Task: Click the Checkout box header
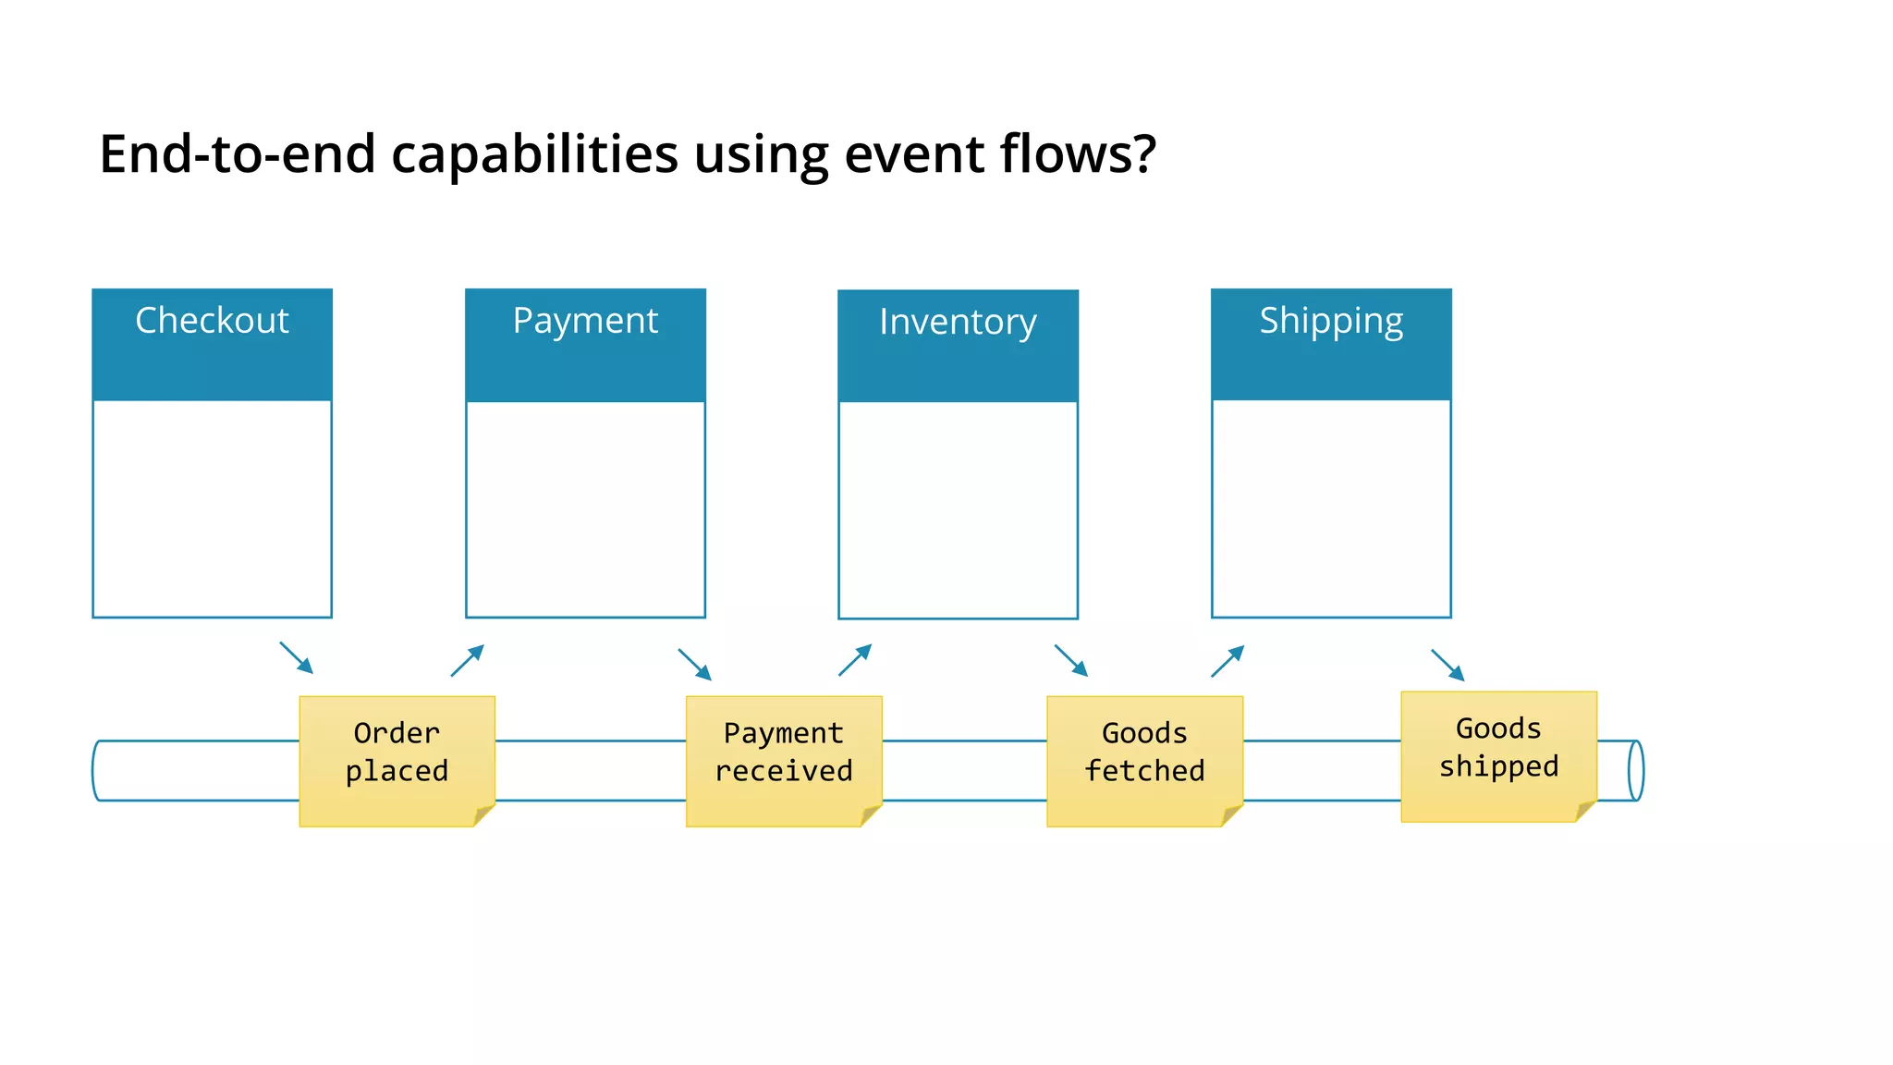click(212, 344)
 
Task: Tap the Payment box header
click(585, 344)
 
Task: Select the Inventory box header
click(958, 345)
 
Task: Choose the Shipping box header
click(1331, 344)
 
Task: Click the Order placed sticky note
click(397, 760)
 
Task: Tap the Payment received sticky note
click(784, 760)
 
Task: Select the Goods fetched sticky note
click(1144, 760)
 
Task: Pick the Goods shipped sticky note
click(1498, 755)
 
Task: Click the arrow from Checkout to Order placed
click(297, 657)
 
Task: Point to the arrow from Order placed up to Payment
click(468, 660)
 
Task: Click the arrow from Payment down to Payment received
click(695, 664)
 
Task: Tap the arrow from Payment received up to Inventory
click(855, 660)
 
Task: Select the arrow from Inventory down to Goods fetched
click(1071, 660)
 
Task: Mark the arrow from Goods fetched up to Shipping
click(1227, 661)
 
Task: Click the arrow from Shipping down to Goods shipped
click(1447, 665)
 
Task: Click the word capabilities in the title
click(534, 154)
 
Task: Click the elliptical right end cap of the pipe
click(1635, 770)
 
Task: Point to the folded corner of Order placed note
click(484, 815)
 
